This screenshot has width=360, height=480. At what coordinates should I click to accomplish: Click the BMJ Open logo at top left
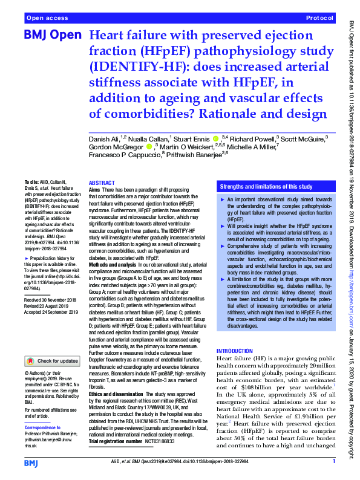coord(52,36)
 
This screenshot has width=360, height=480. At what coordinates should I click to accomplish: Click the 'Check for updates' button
coord(53,361)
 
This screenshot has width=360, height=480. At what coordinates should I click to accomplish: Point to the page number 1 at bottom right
coord(333,462)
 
